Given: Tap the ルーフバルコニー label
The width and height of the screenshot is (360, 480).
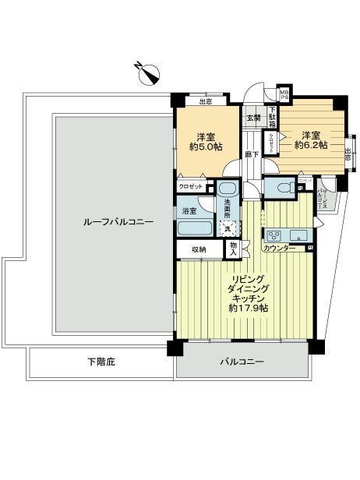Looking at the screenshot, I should coord(118,222).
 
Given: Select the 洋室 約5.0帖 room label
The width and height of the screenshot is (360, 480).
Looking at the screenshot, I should coord(205,139).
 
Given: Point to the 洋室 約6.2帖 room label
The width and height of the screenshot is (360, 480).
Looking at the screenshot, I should coord(310,139).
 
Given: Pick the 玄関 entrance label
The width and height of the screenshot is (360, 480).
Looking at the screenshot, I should coord(254,118).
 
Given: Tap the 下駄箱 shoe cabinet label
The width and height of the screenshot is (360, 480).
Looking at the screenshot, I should coord(272,118).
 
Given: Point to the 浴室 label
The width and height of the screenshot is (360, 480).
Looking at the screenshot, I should coord(189,210).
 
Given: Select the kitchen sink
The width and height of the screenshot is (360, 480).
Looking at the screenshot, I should coord(300,235).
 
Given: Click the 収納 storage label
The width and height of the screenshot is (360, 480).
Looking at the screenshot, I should coord(199,249).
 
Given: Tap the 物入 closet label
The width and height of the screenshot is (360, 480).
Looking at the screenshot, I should coord(233,249).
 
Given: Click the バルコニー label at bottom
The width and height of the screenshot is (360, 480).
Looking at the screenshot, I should coord(241,362).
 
